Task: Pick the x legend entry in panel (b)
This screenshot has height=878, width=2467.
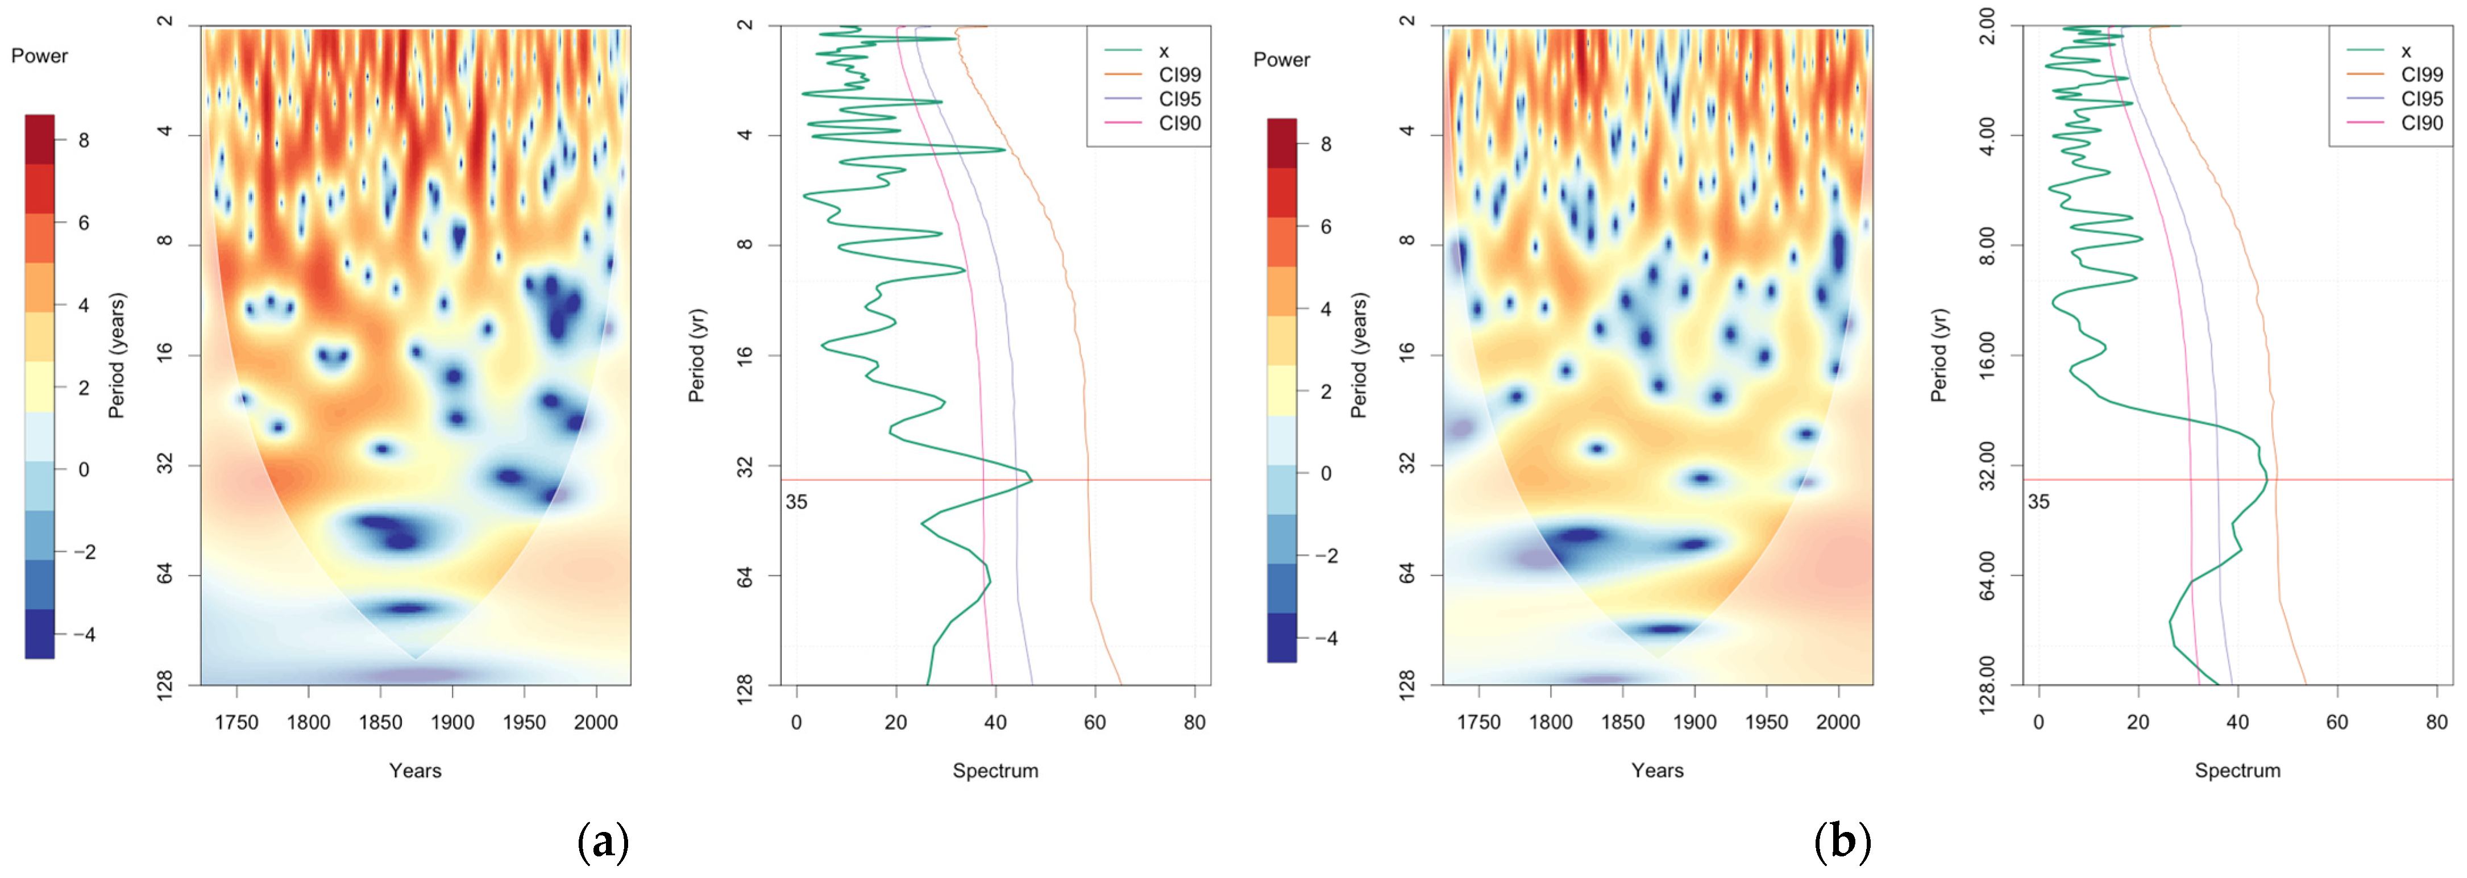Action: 2404,51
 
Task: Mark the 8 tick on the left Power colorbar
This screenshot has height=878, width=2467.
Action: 84,141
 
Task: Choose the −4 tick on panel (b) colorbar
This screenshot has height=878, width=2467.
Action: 1326,639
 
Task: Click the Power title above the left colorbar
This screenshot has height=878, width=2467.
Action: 39,56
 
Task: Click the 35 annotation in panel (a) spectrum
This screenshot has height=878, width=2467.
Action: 796,502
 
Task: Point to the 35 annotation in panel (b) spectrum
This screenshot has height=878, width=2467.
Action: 2038,502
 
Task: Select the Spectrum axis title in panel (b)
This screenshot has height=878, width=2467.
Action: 2237,771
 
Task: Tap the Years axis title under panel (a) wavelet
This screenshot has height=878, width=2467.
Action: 415,771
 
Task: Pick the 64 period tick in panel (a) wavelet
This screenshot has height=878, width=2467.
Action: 165,575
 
